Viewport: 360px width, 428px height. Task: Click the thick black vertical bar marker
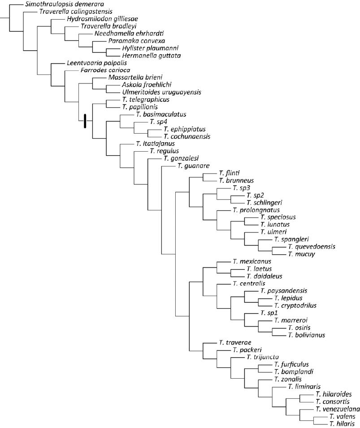pyautogui.click(x=85, y=122)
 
